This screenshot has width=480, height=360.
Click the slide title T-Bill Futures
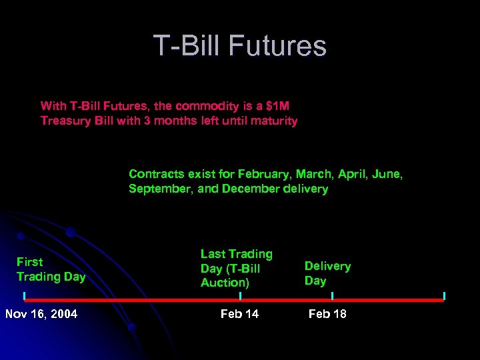click(240, 46)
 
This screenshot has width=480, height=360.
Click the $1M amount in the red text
click(273, 106)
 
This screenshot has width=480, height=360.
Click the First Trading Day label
click(51, 269)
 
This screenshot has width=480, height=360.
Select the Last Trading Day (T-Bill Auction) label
click(237, 268)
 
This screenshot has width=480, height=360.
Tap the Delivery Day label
click(327, 273)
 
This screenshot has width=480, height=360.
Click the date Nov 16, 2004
click(41, 314)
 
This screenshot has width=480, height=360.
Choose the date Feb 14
click(239, 314)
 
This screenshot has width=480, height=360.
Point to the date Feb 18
click(327, 314)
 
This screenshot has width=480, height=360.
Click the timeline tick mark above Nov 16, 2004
click(24, 295)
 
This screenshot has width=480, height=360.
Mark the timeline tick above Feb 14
click(240, 295)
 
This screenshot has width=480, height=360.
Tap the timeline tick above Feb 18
click(332, 295)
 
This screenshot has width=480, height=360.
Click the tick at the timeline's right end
click(444, 295)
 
